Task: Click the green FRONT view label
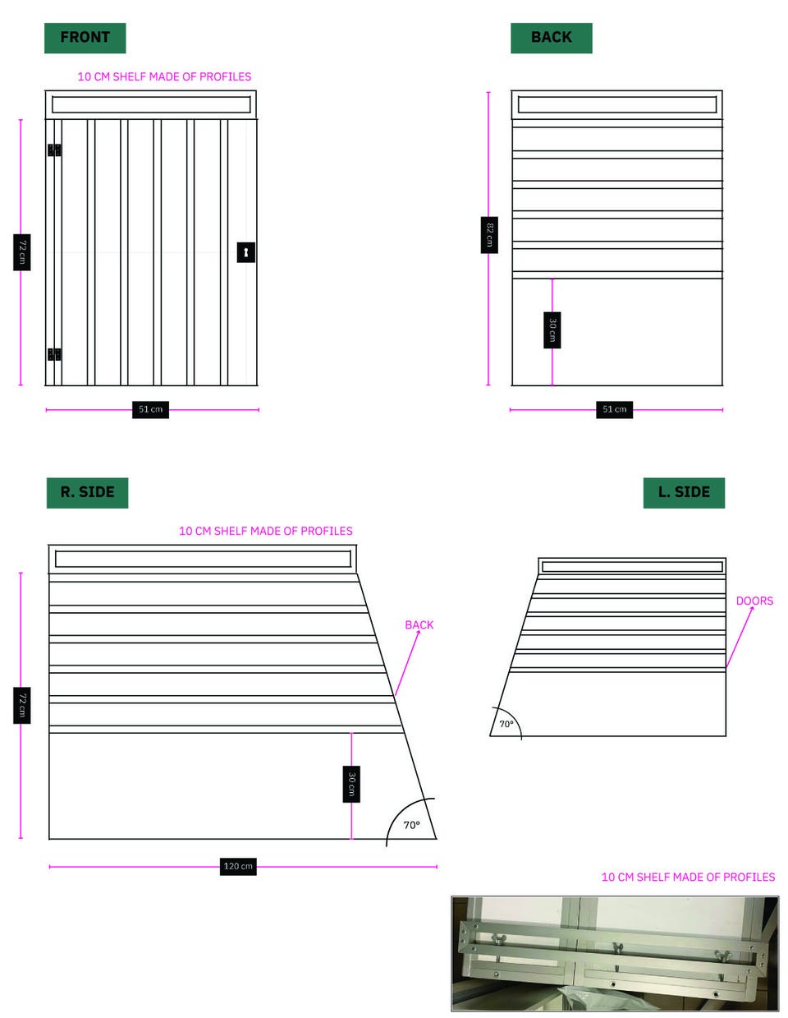[x=85, y=38]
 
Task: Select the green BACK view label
[x=551, y=38]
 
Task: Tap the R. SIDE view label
[x=87, y=492]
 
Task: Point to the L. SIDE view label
[x=684, y=492]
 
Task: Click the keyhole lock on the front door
[x=245, y=252]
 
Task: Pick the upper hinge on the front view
[x=54, y=150]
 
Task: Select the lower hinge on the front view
[x=54, y=354]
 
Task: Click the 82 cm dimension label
[x=489, y=235]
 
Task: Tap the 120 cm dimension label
[x=238, y=866]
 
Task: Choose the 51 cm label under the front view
[x=150, y=409]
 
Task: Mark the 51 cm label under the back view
[x=614, y=409]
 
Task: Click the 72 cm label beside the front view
[x=22, y=252]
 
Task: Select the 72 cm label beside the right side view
[x=22, y=705]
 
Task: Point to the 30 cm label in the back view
[x=552, y=329]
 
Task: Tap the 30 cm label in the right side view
[x=351, y=784]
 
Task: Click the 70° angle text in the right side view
[x=412, y=825]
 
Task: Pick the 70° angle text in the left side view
[x=506, y=724]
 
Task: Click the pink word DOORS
[x=754, y=601]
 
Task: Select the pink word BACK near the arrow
[x=419, y=625]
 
